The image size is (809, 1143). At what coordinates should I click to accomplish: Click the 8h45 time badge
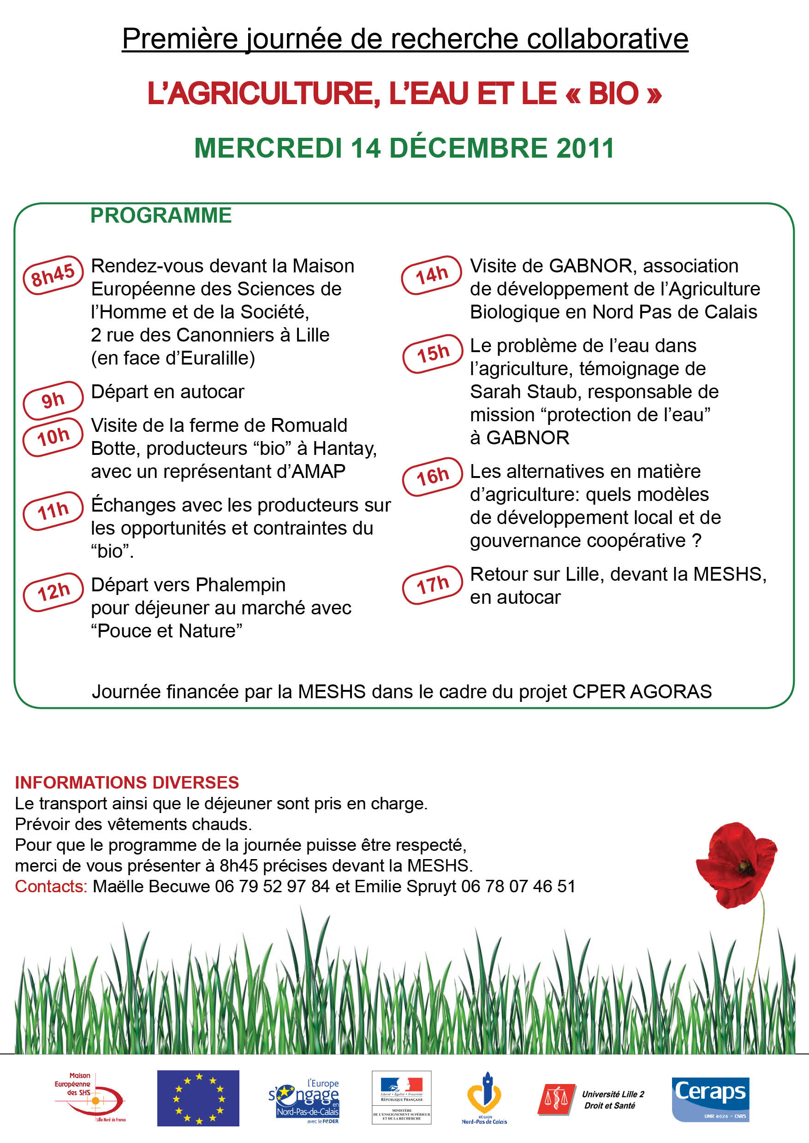(53, 275)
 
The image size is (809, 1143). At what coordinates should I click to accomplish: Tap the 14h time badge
(432, 275)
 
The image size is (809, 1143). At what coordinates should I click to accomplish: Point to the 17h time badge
(432, 585)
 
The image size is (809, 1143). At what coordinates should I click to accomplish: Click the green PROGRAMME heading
(161, 216)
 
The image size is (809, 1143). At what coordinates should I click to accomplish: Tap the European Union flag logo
(198, 1098)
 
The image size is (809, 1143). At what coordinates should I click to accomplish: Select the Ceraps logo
(710, 1099)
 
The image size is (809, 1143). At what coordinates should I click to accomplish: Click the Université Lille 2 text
(613, 1094)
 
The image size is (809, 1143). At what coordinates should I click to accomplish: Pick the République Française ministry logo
(402, 1097)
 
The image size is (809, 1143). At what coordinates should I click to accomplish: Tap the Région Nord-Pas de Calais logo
(484, 1098)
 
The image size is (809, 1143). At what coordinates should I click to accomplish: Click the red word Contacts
(51, 887)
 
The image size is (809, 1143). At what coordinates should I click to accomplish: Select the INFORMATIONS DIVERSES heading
(127, 783)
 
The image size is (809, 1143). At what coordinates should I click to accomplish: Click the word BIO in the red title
(613, 94)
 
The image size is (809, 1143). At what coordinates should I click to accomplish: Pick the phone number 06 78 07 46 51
(518, 887)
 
